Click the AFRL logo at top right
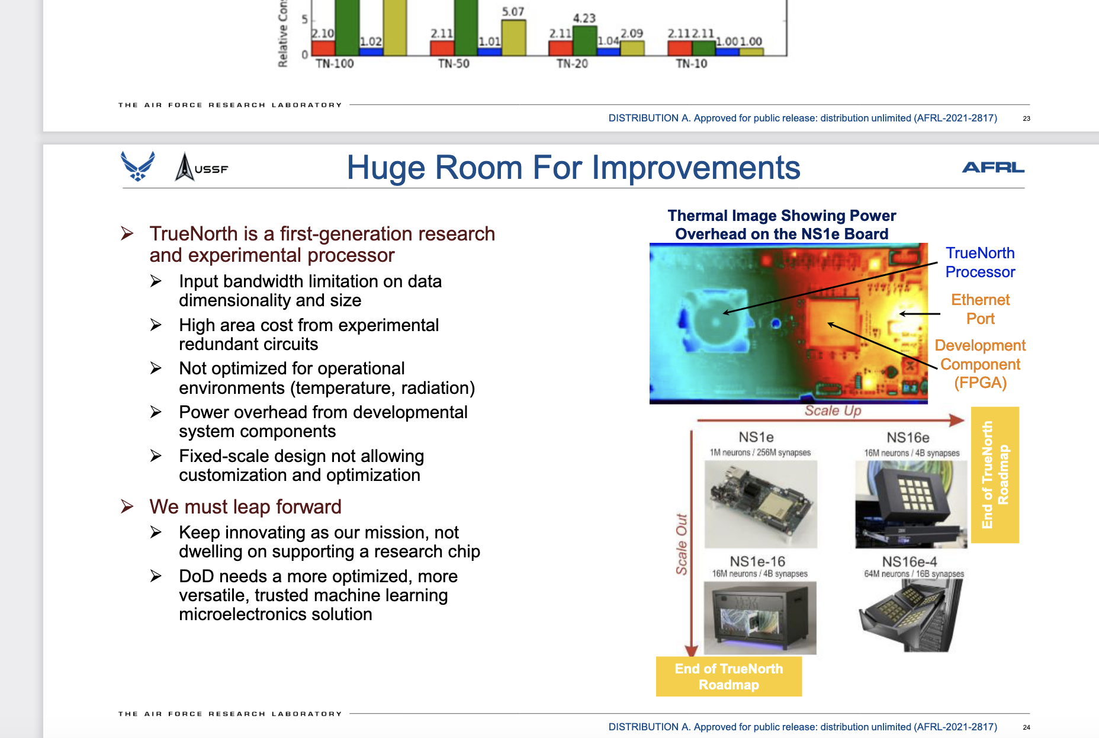point(993,168)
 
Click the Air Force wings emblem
point(138,166)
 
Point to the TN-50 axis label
point(454,63)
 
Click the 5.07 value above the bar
point(513,12)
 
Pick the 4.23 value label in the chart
point(584,18)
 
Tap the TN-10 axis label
point(692,63)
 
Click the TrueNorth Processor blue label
point(980,262)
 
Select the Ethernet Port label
point(981,309)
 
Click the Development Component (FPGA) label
point(980,364)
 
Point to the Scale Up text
point(833,410)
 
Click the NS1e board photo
point(761,504)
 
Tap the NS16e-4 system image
point(911,615)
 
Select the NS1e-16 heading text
point(757,561)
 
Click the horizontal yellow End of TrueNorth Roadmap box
point(729,676)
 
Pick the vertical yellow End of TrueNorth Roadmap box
point(995,475)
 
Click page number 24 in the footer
point(1027,727)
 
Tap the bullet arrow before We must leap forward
point(127,506)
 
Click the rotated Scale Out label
point(682,544)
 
